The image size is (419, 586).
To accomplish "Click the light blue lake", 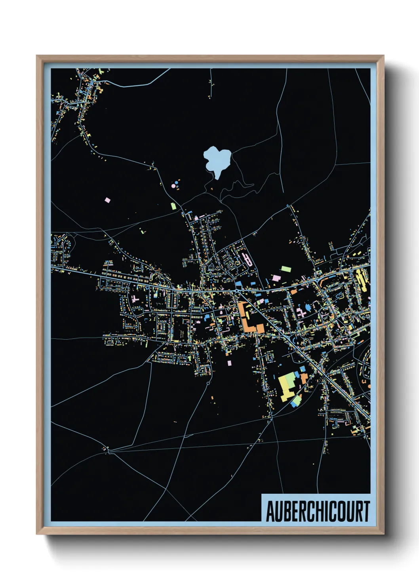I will [217, 160].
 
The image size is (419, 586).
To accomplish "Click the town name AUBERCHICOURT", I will [317, 511].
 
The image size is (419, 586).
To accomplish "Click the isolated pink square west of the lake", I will [107, 200].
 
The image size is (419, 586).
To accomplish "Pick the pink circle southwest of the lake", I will [173, 185].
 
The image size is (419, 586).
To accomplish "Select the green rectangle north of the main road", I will [286, 269].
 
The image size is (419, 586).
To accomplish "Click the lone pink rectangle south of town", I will [229, 363].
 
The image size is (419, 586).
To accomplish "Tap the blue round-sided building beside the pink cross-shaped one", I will [308, 307].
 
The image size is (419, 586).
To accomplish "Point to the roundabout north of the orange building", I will [236, 291].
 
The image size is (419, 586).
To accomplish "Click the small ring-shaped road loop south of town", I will [208, 383].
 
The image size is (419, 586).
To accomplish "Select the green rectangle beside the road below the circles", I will [173, 206].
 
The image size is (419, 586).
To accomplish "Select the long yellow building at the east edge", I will [361, 280].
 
